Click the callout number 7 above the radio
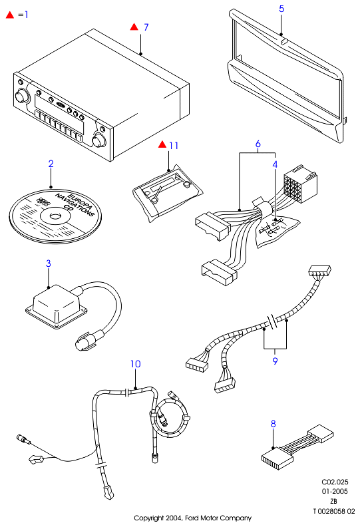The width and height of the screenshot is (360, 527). pyautogui.click(x=146, y=27)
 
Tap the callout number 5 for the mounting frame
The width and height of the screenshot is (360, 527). pyautogui.click(x=281, y=9)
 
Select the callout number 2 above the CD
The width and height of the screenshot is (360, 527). pyautogui.click(x=51, y=164)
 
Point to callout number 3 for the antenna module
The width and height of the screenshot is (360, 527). pyautogui.click(x=49, y=263)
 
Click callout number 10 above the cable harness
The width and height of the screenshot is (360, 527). pyautogui.click(x=136, y=364)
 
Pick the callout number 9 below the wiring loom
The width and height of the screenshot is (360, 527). pyautogui.click(x=275, y=361)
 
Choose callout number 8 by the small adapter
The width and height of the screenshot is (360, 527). pyautogui.click(x=273, y=424)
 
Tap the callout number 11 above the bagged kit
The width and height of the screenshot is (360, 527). pyautogui.click(x=174, y=146)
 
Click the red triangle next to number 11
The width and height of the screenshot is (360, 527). pyautogui.click(x=162, y=144)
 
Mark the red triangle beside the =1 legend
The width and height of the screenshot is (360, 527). pyautogui.click(x=10, y=15)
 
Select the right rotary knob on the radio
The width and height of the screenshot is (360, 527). pyautogui.click(x=99, y=140)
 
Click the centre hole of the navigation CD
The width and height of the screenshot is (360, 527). pyautogui.click(x=53, y=216)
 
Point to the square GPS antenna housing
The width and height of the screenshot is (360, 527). pyautogui.click(x=56, y=306)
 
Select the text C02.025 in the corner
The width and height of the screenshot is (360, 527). pyautogui.click(x=335, y=482)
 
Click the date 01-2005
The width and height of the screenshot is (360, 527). pyautogui.click(x=335, y=491)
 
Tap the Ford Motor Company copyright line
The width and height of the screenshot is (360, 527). pyautogui.click(x=192, y=518)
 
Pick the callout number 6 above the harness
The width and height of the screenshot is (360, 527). pyautogui.click(x=258, y=144)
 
